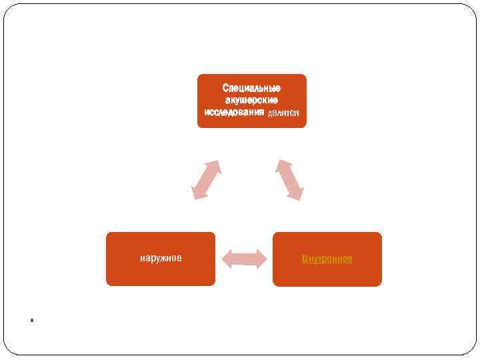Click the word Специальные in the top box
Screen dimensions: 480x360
[251, 88]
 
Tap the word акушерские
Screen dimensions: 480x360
[251, 100]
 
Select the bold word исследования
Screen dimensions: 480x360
[234, 112]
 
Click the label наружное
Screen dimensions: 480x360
[161, 258]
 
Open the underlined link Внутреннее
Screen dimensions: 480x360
[327, 258]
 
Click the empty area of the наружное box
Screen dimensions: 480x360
[161, 275]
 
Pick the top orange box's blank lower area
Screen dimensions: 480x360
[251, 122]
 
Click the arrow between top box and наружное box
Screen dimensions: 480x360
[205, 179]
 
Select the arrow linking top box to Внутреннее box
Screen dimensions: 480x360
[289, 179]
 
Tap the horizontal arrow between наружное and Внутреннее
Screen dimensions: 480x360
[244, 259]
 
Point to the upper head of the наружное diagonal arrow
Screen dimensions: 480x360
[214, 165]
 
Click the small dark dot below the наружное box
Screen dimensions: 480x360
[31, 320]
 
